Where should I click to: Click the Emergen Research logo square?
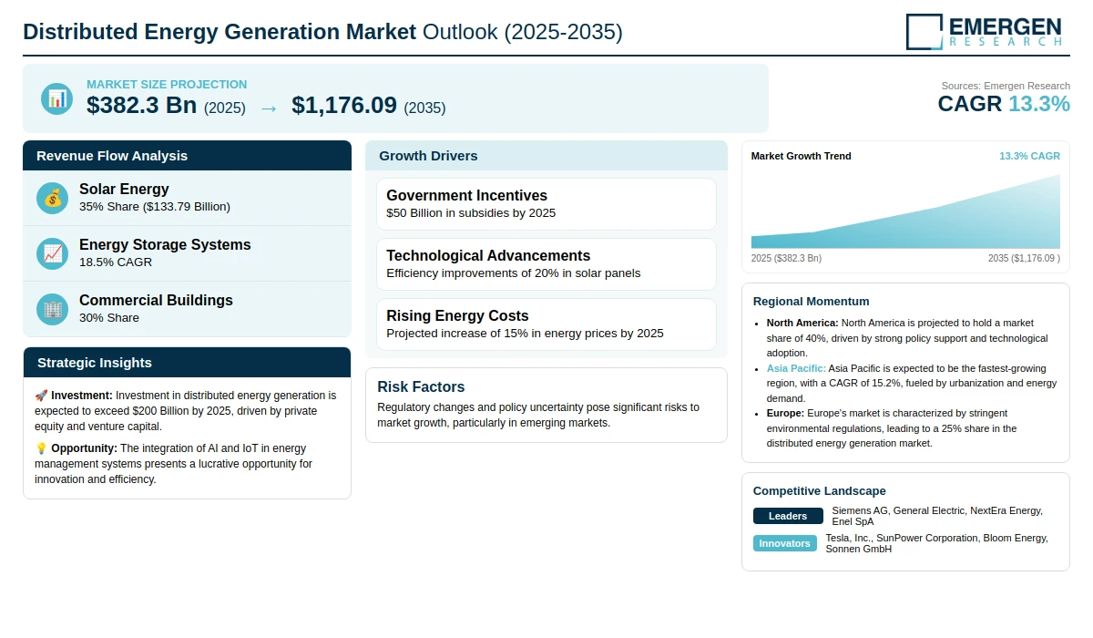tap(924, 32)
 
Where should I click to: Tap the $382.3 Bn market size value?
tap(141, 106)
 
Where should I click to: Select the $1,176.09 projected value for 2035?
tap(344, 106)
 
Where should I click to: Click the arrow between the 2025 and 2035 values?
tap(269, 108)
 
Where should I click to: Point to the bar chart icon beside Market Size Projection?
tap(57, 99)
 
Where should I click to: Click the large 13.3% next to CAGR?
tap(1039, 104)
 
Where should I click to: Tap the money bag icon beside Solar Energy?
tap(52, 198)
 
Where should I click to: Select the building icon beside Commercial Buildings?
tap(52, 310)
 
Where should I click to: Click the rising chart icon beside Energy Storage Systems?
tap(52, 254)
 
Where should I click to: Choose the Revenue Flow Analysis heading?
tap(112, 156)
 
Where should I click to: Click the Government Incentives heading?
tap(466, 195)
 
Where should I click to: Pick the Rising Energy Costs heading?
tap(457, 316)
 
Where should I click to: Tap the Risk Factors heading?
tap(421, 386)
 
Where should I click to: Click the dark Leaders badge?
tap(788, 516)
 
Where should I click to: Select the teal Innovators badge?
tap(784, 543)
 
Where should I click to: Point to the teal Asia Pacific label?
tap(796, 368)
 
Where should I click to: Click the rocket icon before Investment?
tap(41, 396)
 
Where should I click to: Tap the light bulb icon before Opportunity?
tap(41, 448)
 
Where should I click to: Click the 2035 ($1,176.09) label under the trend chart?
tap(1024, 258)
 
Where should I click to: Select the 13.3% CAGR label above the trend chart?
tap(1029, 156)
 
